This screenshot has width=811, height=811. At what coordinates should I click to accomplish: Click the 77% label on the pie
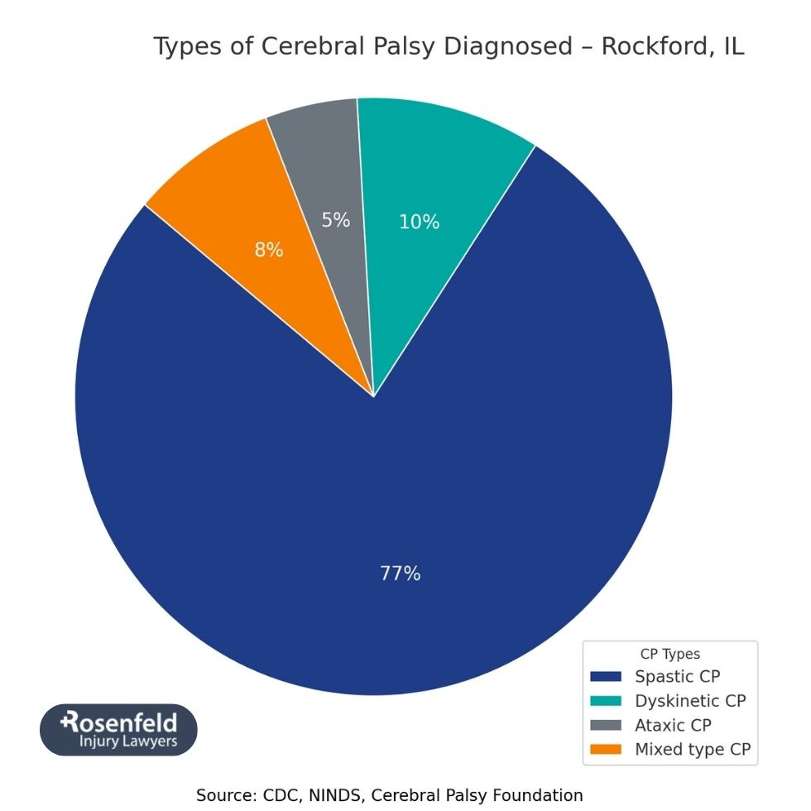tap(401, 573)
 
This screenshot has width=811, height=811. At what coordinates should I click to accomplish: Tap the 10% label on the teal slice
tap(420, 222)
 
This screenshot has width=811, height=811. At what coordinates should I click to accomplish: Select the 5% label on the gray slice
tap(336, 220)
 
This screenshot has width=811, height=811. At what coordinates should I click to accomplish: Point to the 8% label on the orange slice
tap(269, 249)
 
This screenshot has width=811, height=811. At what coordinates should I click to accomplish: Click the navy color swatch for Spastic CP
tap(607, 677)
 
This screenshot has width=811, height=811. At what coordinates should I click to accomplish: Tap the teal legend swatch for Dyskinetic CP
tap(607, 701)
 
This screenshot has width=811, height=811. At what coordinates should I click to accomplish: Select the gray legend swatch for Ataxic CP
tap(607, 725)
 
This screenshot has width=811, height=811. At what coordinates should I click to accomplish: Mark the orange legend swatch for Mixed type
tap(607, 750)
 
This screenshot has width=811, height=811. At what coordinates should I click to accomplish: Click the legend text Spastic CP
tap(677, 677)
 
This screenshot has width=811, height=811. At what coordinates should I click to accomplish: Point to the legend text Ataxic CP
tap(673, 725)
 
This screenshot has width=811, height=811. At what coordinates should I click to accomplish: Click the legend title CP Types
tap(669, 654)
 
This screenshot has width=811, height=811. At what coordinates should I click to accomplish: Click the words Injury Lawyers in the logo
tap(127, 741)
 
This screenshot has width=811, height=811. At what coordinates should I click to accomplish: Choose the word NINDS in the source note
tap(334, 795)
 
